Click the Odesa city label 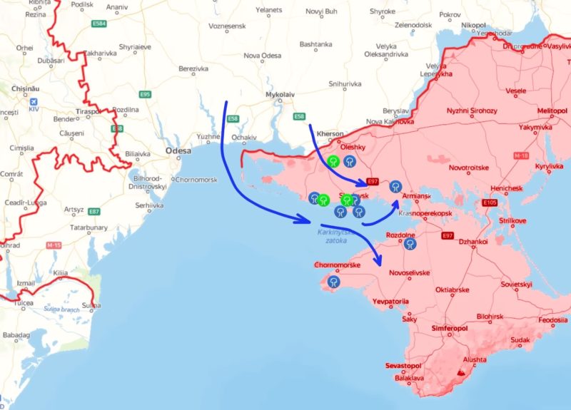pyautogui.click(x=178, y=151)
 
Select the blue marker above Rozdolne pyautogui.click(x=410, y=244)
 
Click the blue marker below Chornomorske pyautogui.click(x=333, y=282)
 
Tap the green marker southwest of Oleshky pyautogui.click(x=333, y=160)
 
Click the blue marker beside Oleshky pyautogui.click(x=349, y=161)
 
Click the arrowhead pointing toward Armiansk pyautogui.click(x=394, y=203)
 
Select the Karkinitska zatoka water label pyautogui.click(x=333, y=236)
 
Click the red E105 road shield pyautogui.click(x=490, y=203)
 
